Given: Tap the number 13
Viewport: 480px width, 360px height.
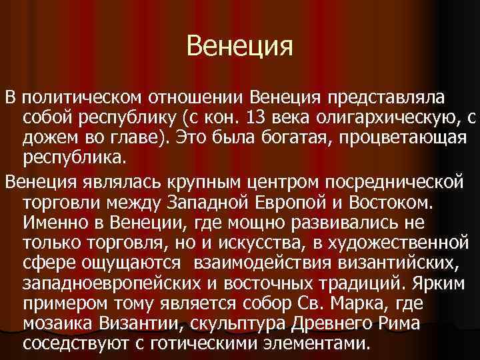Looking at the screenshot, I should click(x=259, y=119).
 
